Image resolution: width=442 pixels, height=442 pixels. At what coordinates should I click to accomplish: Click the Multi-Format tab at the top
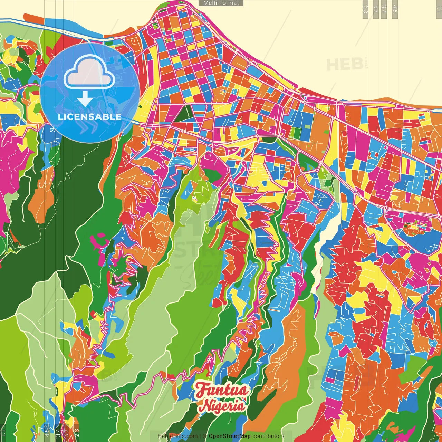[221, 3]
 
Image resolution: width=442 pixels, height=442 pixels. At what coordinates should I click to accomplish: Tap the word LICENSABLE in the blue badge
[89, 117]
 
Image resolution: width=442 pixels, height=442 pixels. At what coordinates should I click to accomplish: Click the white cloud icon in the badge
[89, 73]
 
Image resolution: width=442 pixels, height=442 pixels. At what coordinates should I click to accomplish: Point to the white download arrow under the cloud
[85, 99]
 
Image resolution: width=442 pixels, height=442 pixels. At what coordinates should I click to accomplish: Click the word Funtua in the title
[222, 390]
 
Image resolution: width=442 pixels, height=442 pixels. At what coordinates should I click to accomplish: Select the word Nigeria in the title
[223, 405]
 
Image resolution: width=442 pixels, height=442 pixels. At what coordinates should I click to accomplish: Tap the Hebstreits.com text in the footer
[177, 436]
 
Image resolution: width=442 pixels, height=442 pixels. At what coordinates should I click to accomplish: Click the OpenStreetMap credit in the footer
[229, 436]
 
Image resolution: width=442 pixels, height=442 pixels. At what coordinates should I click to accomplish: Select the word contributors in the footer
[268, 436]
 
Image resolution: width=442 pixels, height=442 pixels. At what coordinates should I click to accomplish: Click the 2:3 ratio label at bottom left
[77, 433]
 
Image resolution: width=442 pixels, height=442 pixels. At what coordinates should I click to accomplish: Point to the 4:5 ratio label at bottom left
[47, 433]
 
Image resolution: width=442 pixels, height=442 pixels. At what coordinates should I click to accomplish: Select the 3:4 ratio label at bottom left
[58, 433]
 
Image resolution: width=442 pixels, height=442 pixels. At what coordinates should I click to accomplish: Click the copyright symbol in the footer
[205, 436]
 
